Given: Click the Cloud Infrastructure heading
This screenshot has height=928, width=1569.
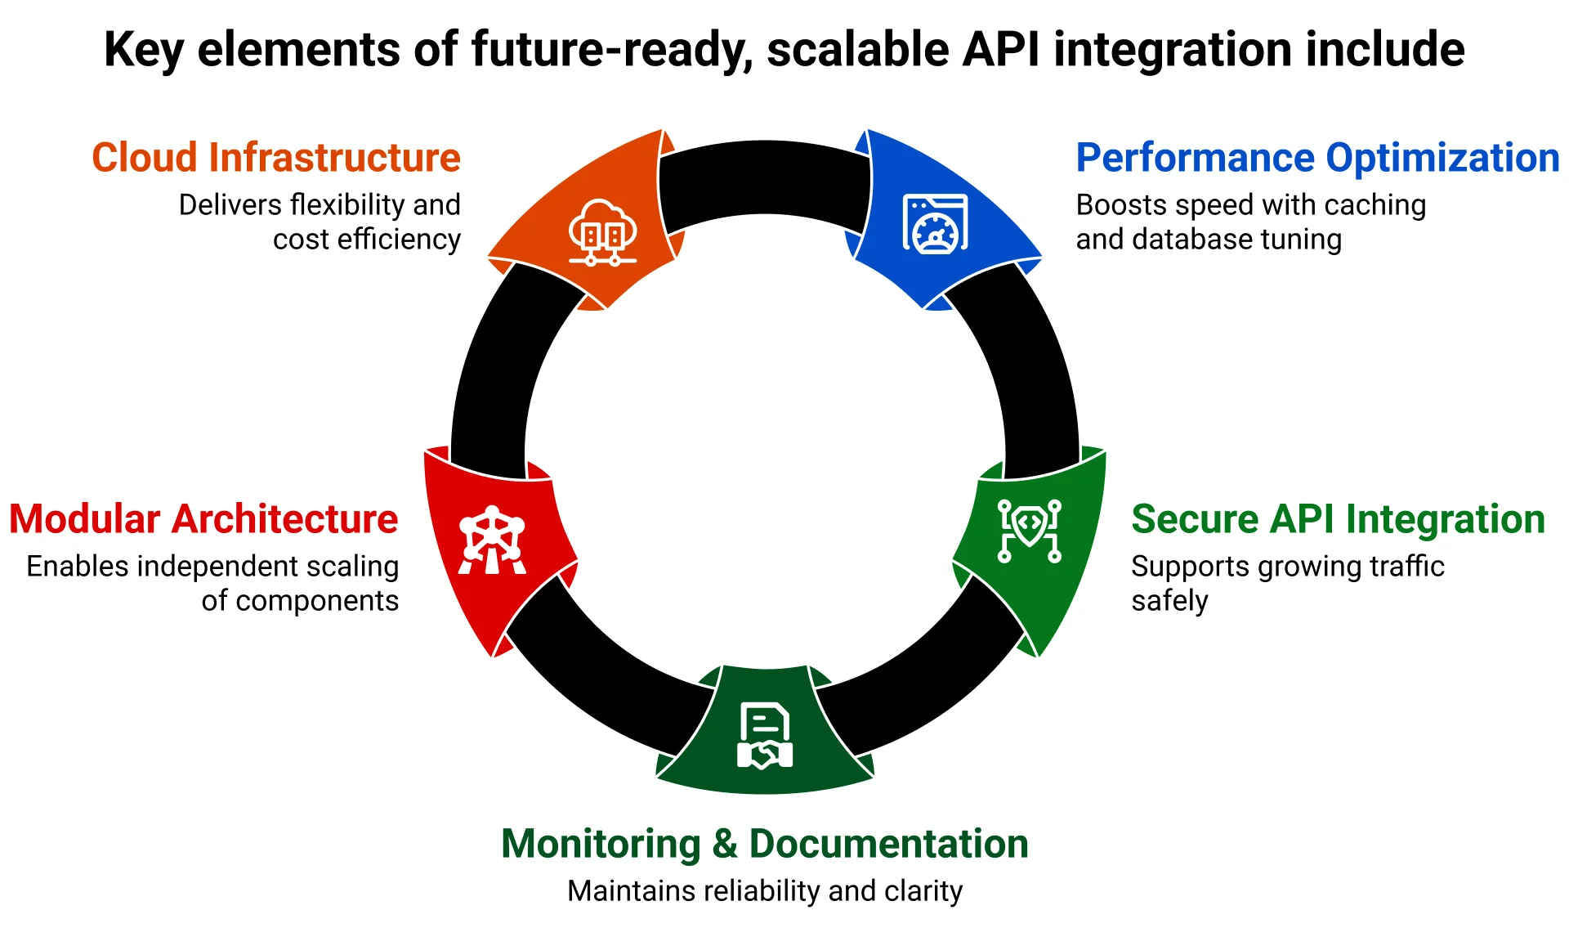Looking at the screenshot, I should click(276, 158).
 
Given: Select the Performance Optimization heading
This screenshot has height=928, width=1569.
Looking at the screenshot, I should click(1316, 158).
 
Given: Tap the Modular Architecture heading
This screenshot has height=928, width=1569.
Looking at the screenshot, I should click(203, 519).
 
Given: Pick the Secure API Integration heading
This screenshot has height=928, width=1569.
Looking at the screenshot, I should click(1338, 519).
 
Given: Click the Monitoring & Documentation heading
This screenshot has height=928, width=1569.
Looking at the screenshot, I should click(764, 844).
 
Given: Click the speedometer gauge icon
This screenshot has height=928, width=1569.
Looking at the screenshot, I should click(935, 224).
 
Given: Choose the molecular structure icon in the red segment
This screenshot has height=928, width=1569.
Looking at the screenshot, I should click(492, 540).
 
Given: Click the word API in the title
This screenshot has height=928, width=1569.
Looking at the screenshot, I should click(1001, 49).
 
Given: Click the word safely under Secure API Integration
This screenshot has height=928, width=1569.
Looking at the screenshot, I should click(1169, 601).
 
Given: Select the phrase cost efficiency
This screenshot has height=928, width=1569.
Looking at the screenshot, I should click(366, 240).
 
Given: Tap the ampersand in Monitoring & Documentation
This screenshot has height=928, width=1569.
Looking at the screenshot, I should click(724, 844).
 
